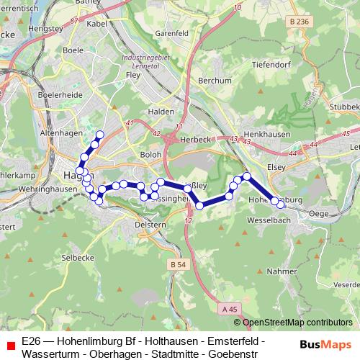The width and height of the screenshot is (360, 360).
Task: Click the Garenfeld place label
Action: [x=171, y=33]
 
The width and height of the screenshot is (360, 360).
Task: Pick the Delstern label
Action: [x=150, y=225]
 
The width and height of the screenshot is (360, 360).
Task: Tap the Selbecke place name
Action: [x=78, y=257]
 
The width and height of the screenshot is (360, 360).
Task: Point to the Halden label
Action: [x=161, y=112]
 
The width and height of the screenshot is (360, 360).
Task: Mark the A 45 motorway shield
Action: [x=230, y=309]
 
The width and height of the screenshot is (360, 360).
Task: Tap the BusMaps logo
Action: [x=325, y=344]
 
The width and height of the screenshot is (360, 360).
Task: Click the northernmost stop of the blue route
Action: [x=100, y=135]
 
